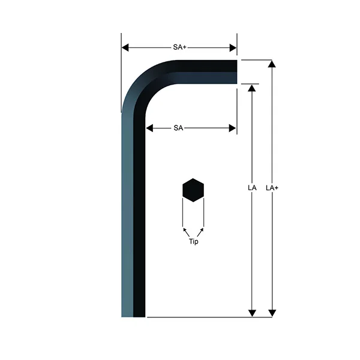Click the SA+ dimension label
[179, 47]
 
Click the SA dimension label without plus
[178, 128]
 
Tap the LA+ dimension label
[272, 188]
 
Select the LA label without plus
[252, 188]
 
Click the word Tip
[193, 242]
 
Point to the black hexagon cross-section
[193, 190]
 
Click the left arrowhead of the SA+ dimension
[125, 48]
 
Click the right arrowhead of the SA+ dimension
[233, 48]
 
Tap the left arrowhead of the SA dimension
[149, 128]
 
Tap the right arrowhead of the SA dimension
[232, 128]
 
